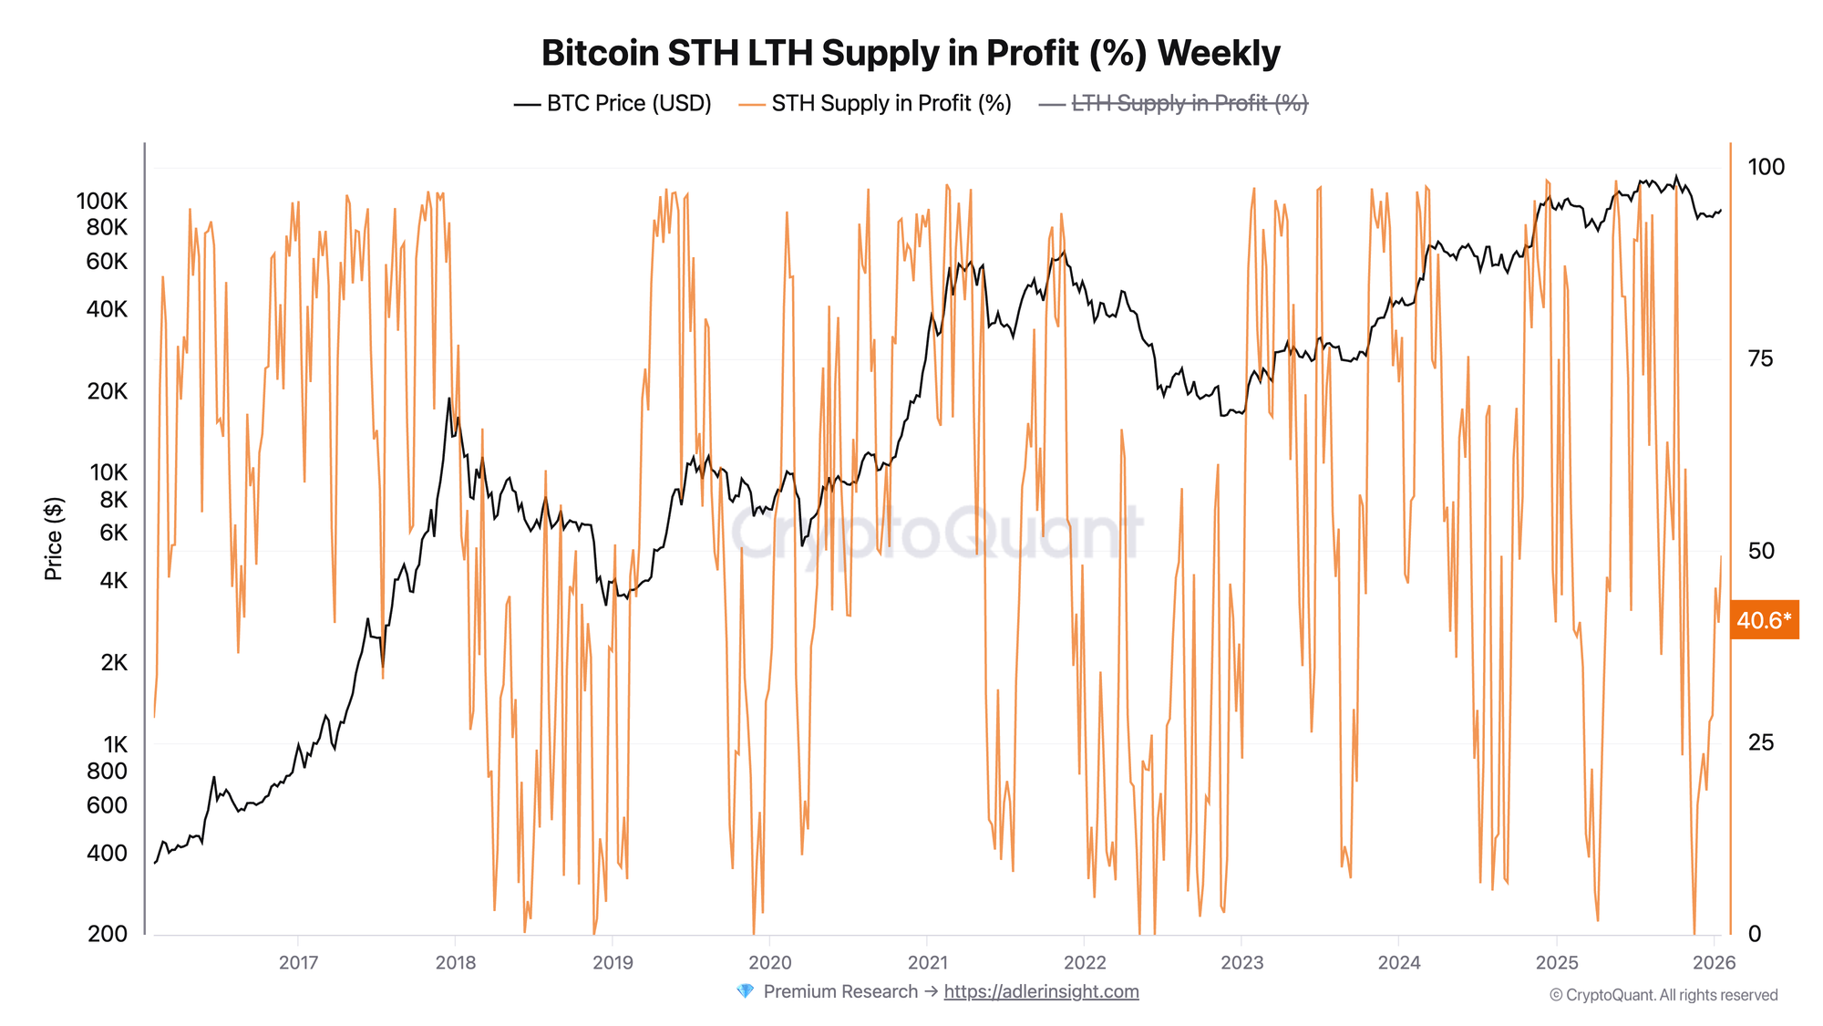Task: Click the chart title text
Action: [911, 53]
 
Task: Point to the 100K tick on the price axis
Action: [101, 202]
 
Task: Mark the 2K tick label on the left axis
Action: [114, 663]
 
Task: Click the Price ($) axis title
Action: [54, 538]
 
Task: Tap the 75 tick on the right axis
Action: [1760, 359]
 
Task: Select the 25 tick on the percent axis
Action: [1760, 743]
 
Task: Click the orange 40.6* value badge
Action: [1764, 621]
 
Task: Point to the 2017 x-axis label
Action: [298, 963]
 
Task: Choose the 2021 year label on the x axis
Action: [928, 963]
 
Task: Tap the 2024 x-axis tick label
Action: [1399, 963]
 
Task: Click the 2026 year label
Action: [1714, 963]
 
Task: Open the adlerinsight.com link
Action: [1041, 992]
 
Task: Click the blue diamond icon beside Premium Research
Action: [745, 991]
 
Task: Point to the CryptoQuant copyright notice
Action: [1663, 995]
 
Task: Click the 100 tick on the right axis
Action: [1766, 168]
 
